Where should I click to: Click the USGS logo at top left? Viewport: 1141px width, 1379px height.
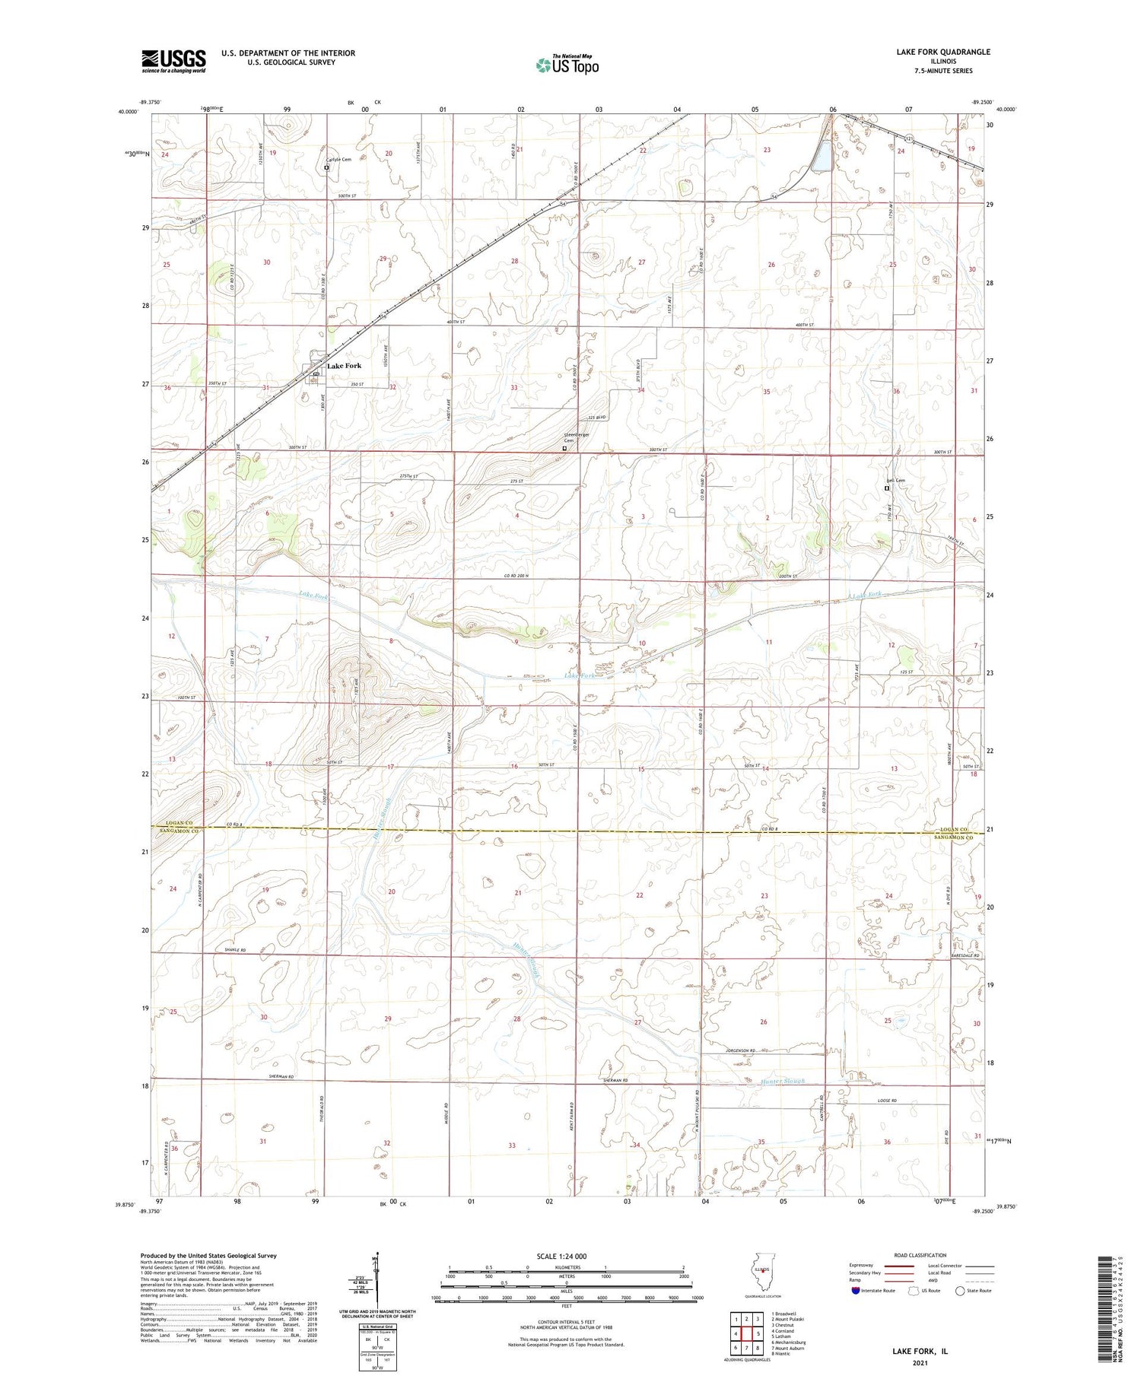tap(173, 61)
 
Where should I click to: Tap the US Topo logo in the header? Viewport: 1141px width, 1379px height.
tap(567, 65)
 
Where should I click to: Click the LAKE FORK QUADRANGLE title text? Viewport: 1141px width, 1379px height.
tap(942, 52)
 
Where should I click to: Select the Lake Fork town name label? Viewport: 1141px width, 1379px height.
tap(344, 366)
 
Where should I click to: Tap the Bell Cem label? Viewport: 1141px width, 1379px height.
tap(895, 481)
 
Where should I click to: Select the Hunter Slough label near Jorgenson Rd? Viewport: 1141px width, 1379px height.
tap(782, 1081)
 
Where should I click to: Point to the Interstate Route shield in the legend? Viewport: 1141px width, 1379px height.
tap(855, 1291)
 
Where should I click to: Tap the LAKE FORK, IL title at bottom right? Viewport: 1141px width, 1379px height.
tap(920, 1351)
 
